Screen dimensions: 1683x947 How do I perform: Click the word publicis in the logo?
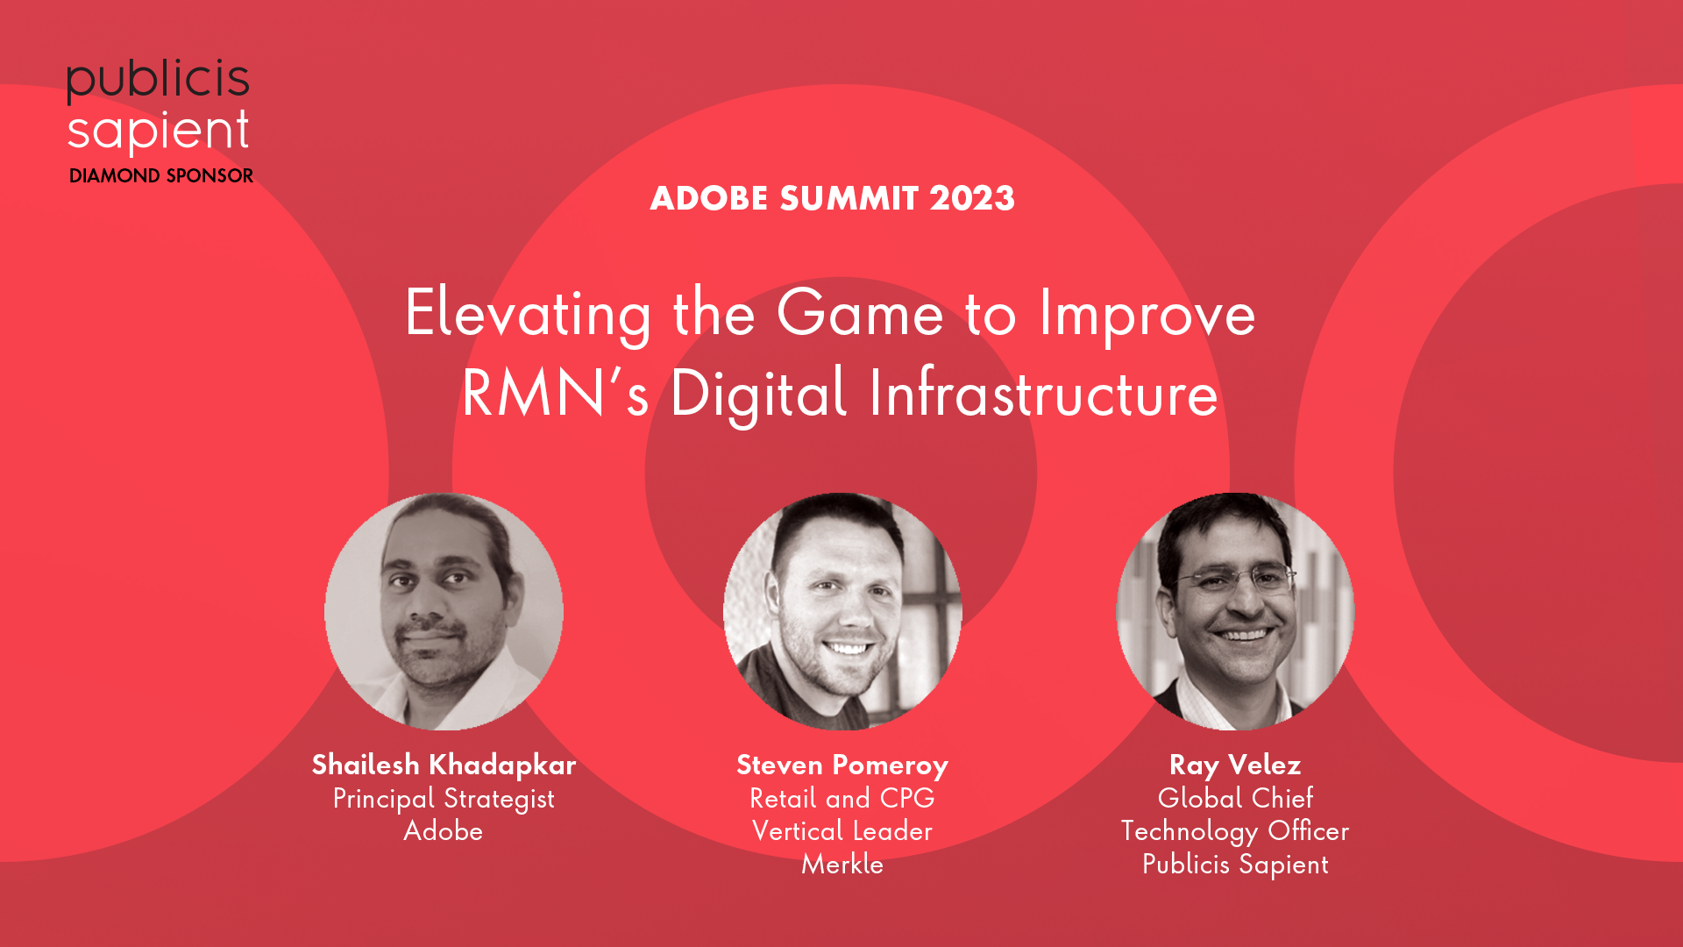(158, 81)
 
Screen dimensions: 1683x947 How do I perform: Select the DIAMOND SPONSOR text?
(161, 175)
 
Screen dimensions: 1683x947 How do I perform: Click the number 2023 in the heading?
(972, 198)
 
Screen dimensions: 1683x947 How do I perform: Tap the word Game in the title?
(861, 313)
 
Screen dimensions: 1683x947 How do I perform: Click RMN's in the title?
(556, 393)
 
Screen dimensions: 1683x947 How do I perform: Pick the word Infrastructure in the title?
(1043, 393)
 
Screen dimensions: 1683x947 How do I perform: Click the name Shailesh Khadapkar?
(444, 765)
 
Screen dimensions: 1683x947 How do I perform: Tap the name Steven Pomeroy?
(842, 765)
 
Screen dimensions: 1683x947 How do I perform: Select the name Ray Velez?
(1235, 765)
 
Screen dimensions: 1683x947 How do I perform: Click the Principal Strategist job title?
(444, 799)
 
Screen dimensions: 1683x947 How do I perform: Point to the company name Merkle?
(842, 864)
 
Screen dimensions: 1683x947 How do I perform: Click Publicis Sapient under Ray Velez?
(1235, 865)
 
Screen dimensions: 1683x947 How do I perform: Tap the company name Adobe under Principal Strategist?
(444, 830)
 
